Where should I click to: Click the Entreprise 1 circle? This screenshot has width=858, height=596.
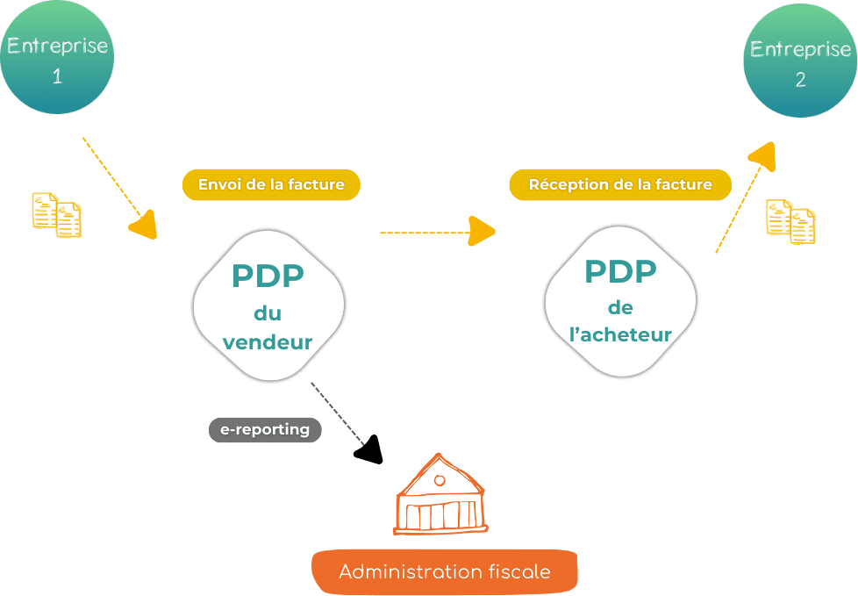(57, 58)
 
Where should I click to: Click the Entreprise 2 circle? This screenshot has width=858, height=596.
(800, 61)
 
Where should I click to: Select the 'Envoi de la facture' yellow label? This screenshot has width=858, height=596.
(271, 185)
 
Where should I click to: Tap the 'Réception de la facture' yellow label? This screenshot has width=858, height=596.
(620, 185)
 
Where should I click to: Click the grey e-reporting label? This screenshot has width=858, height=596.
(265, 429)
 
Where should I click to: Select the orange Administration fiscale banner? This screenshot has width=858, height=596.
(445, 572)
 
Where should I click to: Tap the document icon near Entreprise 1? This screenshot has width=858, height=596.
(57, 215)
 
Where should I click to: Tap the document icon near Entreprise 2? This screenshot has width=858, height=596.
(790, 221)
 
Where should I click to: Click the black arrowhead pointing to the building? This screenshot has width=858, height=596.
(370, 449)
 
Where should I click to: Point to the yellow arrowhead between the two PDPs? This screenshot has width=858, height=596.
(481, 232)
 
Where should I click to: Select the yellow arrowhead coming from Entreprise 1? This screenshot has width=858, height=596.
(146, 225)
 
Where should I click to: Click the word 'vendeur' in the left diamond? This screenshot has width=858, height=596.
(268, 342)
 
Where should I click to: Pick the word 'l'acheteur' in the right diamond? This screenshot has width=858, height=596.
(620, 334)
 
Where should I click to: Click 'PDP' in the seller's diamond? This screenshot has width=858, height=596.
(268, 276)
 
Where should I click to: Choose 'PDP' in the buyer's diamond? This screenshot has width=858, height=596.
(620, 272)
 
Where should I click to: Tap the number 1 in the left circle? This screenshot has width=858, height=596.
(57, 76)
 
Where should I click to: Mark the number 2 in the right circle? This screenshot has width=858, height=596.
(800, 80)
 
